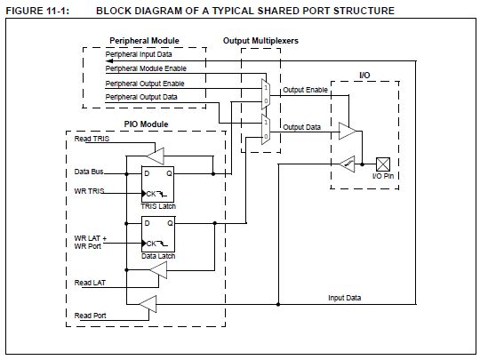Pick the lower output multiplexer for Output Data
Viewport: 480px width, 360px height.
[266, 132]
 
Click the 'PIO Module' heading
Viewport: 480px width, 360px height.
[142, 124]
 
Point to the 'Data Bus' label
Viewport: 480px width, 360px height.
[87, 171]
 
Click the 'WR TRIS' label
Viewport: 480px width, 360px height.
[88, 192]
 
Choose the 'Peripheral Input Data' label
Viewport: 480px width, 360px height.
[139, 55]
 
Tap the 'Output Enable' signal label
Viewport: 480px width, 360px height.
[306, 89]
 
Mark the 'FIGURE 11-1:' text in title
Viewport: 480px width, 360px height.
[36, 10]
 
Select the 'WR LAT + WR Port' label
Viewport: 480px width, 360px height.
[90, 243]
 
